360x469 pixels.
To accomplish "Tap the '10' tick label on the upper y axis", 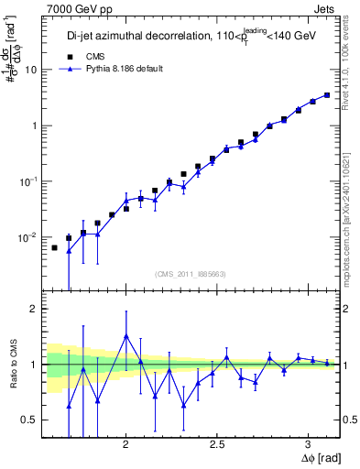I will tap(31, 70).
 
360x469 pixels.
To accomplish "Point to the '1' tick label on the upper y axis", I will tap(34, 125).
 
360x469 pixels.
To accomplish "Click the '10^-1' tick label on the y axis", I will tap(29, 180).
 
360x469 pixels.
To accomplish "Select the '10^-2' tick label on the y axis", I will tap(29, 236).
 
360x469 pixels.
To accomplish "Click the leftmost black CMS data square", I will tap(54, 247).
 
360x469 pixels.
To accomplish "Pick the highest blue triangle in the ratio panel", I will tap(126, 336).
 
